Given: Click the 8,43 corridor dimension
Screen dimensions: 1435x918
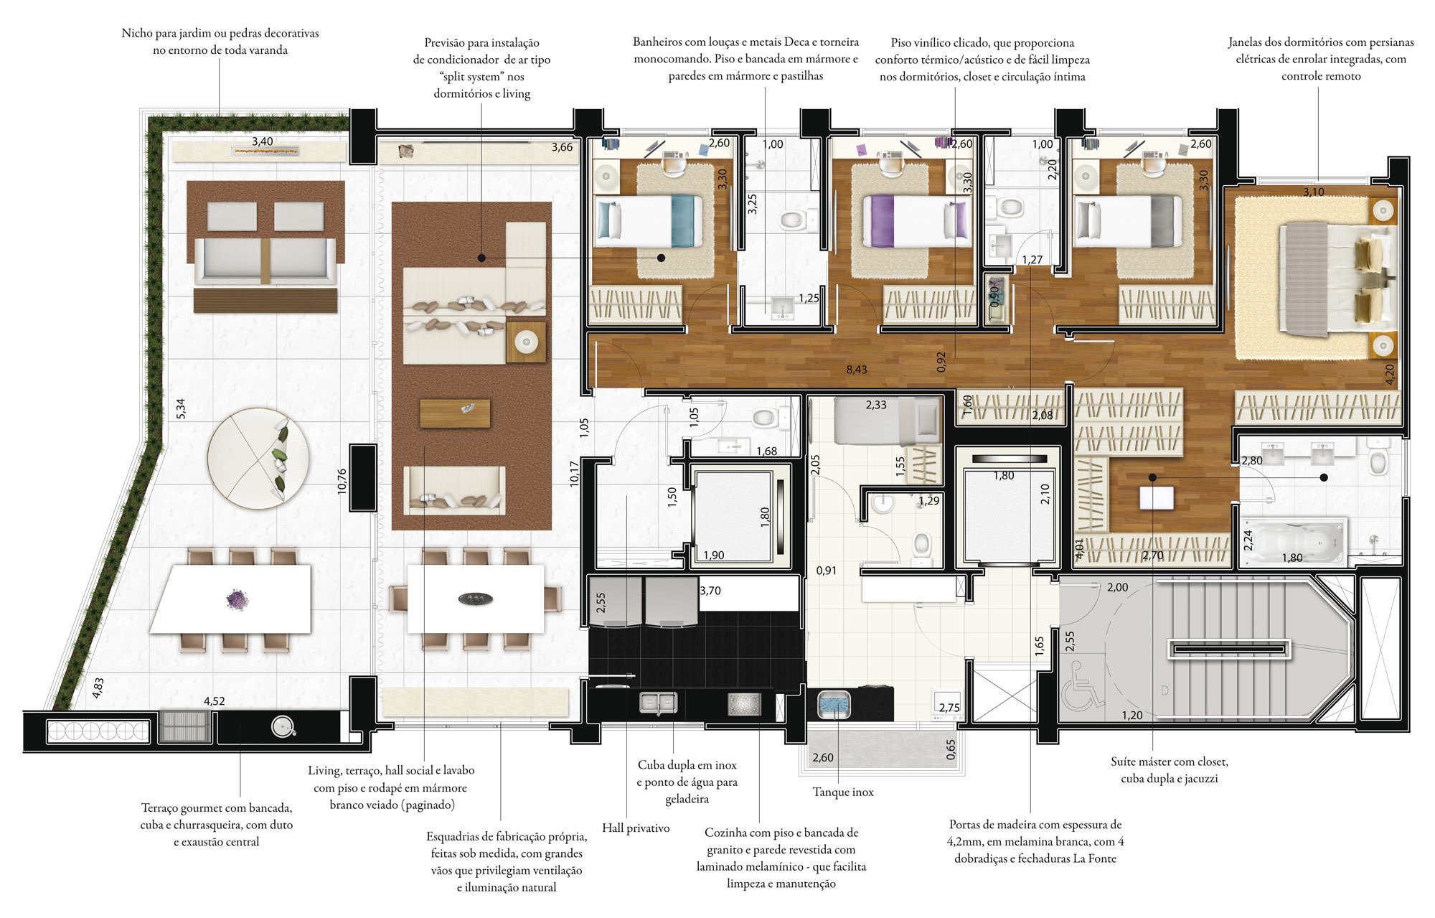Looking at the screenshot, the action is (856, 370).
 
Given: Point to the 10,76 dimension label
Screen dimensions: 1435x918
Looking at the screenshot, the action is (342, 481).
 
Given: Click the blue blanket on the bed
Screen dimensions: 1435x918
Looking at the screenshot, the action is (687, 221).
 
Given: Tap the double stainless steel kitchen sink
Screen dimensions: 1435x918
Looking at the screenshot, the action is (658, 703).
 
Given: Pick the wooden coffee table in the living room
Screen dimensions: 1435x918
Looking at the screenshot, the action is (455, 413).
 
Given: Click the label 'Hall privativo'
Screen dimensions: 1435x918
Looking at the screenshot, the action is (636, 828).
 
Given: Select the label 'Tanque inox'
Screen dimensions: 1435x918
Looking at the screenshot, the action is (843, 792).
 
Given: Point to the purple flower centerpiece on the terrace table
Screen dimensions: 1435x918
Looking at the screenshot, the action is (237, 599).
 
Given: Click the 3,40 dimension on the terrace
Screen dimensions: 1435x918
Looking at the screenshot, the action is (262, 141).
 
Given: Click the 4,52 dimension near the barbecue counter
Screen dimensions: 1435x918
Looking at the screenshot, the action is (215, 701).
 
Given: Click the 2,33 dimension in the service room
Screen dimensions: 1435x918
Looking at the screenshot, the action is (875, 405).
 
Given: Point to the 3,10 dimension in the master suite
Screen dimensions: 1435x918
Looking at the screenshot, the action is (1314, 192).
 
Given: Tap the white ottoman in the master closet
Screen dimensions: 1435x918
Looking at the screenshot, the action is (1156, 497).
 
